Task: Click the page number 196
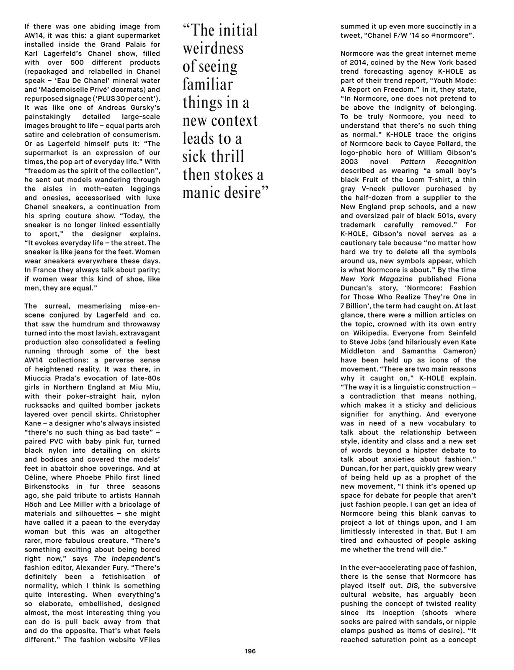click(x=250, y=651)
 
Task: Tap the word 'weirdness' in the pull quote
click(x=213, y=49)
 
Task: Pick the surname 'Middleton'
click(x=357, y=351)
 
